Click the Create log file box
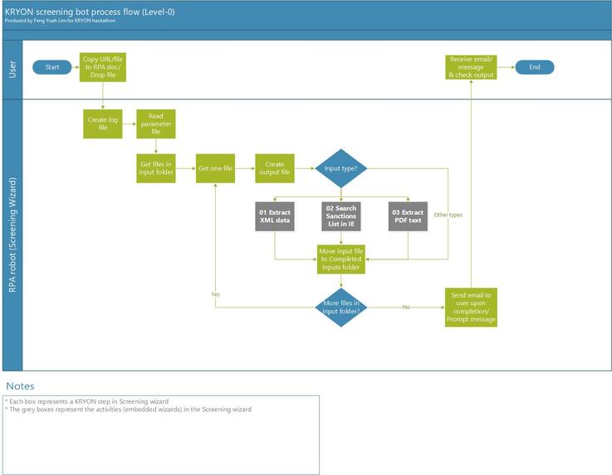point(102,124)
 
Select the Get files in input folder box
point(155,169)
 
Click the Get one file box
point(215,169)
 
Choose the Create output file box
point(275,169)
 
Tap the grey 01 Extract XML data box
point(274,218)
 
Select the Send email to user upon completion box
point(471,308)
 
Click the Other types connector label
point(448,215)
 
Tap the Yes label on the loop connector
point(215,294)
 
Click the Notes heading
point(21,386)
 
